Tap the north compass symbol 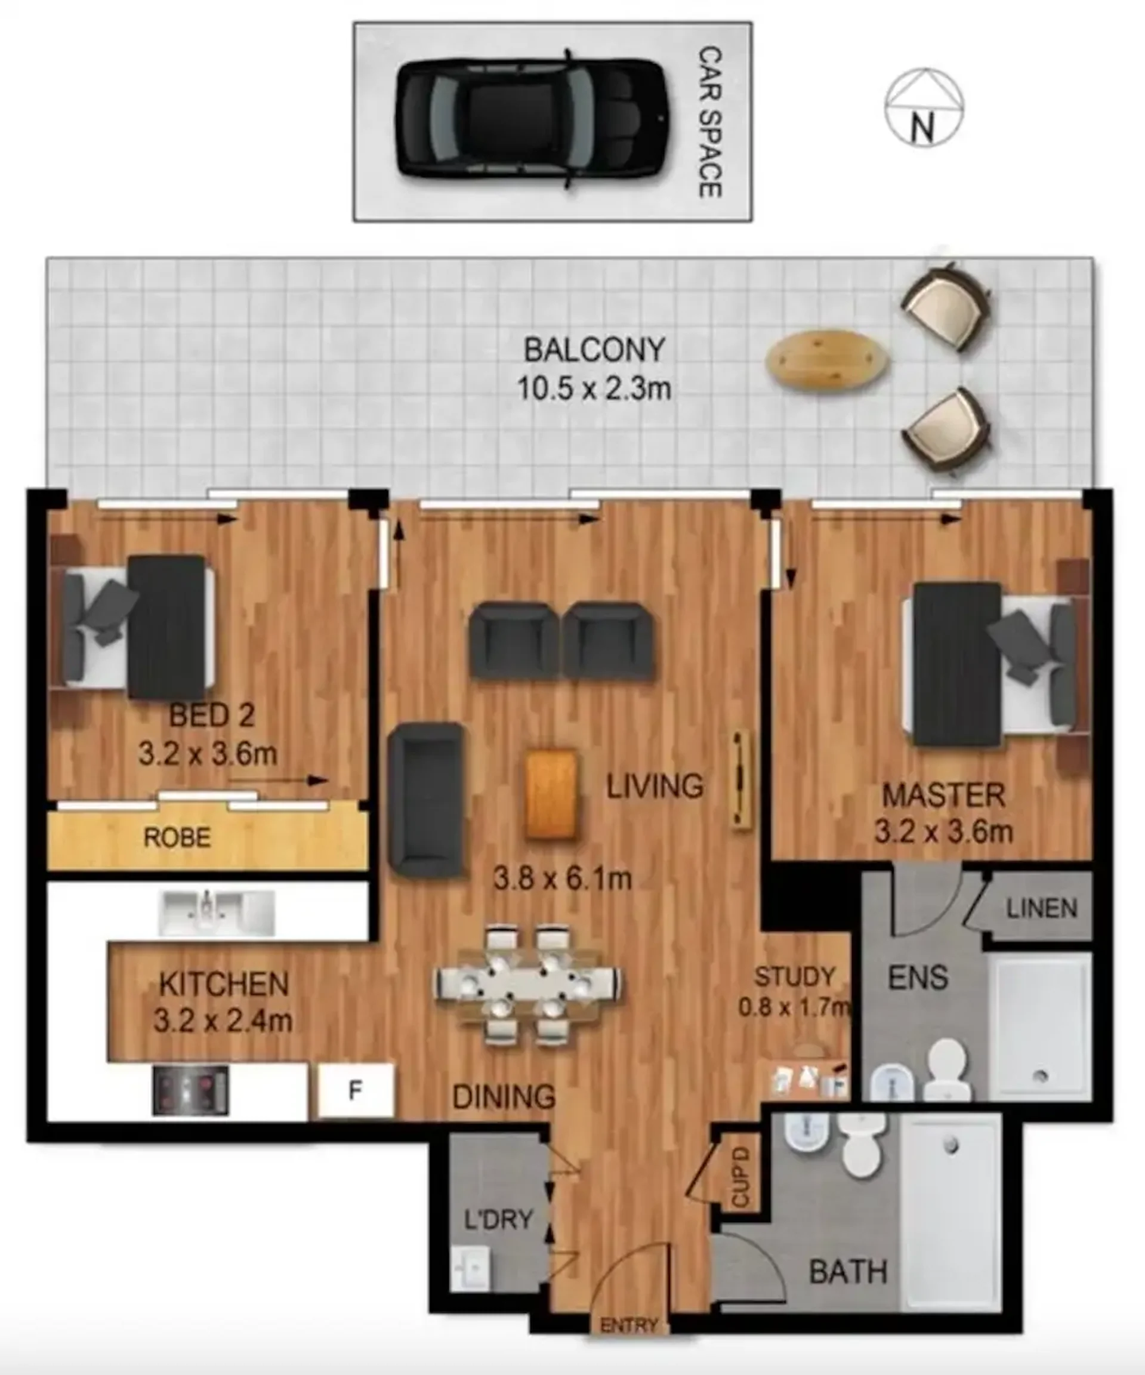coord(924,107)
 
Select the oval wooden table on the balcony coord(828,359)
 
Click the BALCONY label coord(594,350)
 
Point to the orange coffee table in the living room coord(551,794)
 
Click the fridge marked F coord(356,1090)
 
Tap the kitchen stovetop coord(190,1090)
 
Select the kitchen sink coord(217,912)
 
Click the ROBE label coord(177,837)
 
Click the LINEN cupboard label coord(1042,909)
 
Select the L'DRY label coord(498,1219)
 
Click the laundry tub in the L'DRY coord(470,1268)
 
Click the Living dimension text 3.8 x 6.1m coord(562,879)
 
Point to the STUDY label coord(795,977)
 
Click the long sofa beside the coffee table coord(427,800)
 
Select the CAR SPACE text coord(710,122)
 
